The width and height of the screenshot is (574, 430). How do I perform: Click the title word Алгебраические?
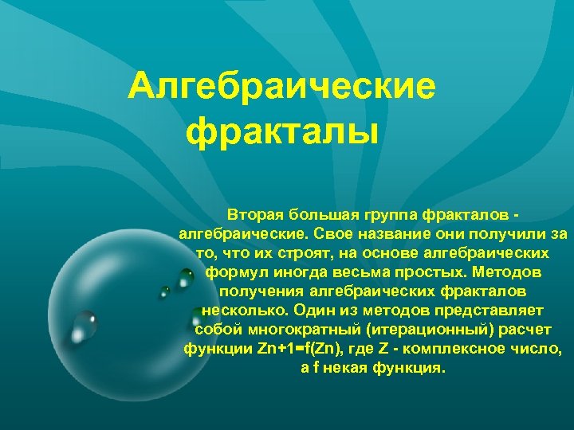(282, 85)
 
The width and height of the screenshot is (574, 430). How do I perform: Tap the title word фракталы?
(281, 129)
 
